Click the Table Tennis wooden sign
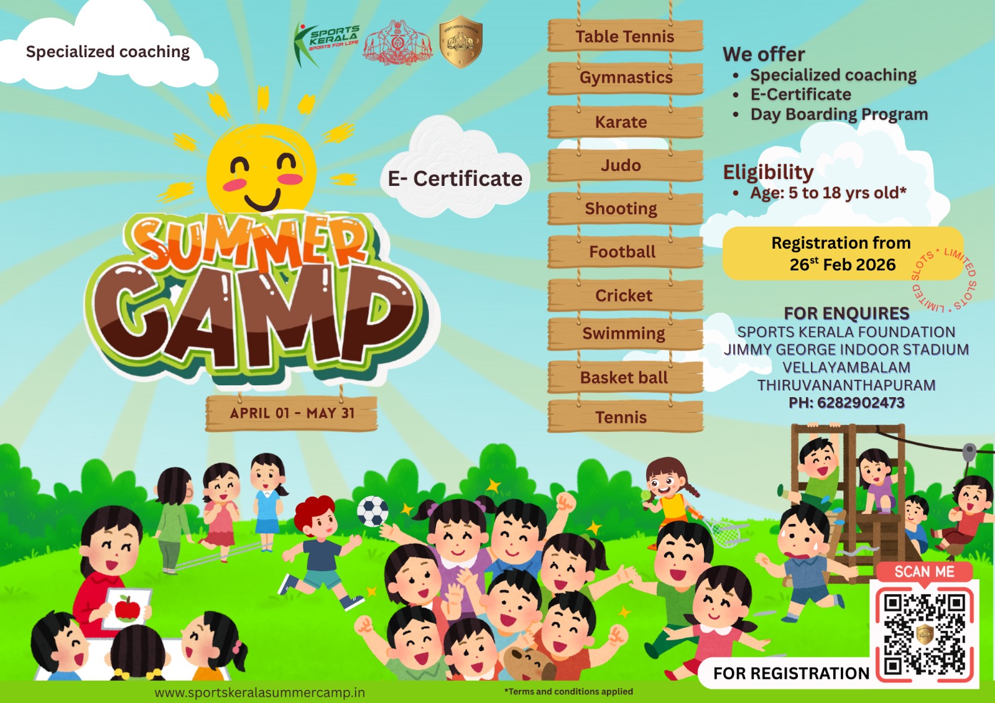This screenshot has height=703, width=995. pos(625,36)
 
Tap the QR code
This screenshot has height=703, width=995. pos(925,634)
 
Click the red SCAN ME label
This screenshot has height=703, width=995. pos(924,572)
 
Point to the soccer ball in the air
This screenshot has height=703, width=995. pos(373,511)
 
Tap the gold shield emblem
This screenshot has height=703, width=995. pos(461,41)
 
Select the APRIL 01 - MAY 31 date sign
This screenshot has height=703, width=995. pos(292,413)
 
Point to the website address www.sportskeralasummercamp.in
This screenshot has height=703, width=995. pos(260,692)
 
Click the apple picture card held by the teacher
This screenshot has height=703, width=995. pos(127,608)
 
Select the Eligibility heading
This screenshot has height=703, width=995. pos(768,172)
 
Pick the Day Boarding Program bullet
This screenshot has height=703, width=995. pos(838,114)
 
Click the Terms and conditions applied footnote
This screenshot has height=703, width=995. pos(568,691)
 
